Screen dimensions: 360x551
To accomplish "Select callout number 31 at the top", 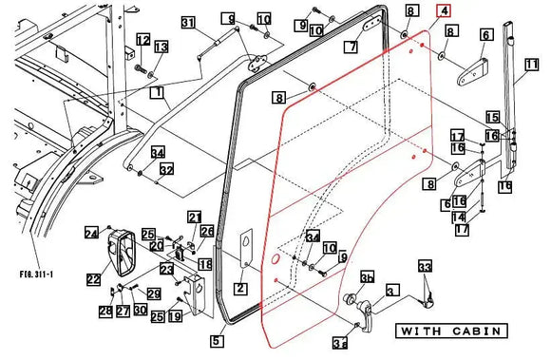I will coord(188,23).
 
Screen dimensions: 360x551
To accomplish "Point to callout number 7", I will coord(351,46).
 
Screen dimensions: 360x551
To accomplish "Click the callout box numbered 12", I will coord(142,39).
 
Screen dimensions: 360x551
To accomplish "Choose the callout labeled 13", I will coord(161,47).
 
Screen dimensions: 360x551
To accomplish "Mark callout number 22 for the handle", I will coord(93,278).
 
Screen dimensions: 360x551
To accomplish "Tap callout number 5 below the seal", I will coord(217,339).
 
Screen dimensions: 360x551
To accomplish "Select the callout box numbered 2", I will coord(240,288).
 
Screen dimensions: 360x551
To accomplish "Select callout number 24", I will coord(91,233).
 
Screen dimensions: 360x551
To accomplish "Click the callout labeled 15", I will coord(492,117).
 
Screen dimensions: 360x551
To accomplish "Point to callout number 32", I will coord(166,169).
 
